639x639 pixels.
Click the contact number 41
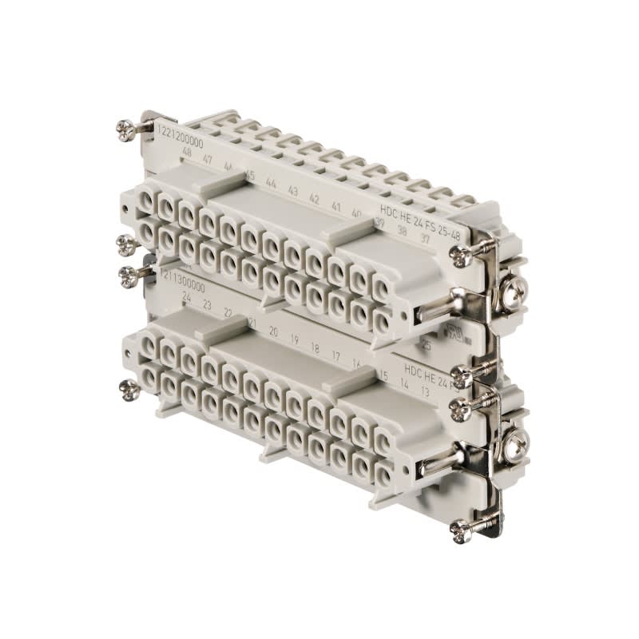click(x=336, y=206)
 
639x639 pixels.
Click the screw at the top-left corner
click(x=125, y=129)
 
